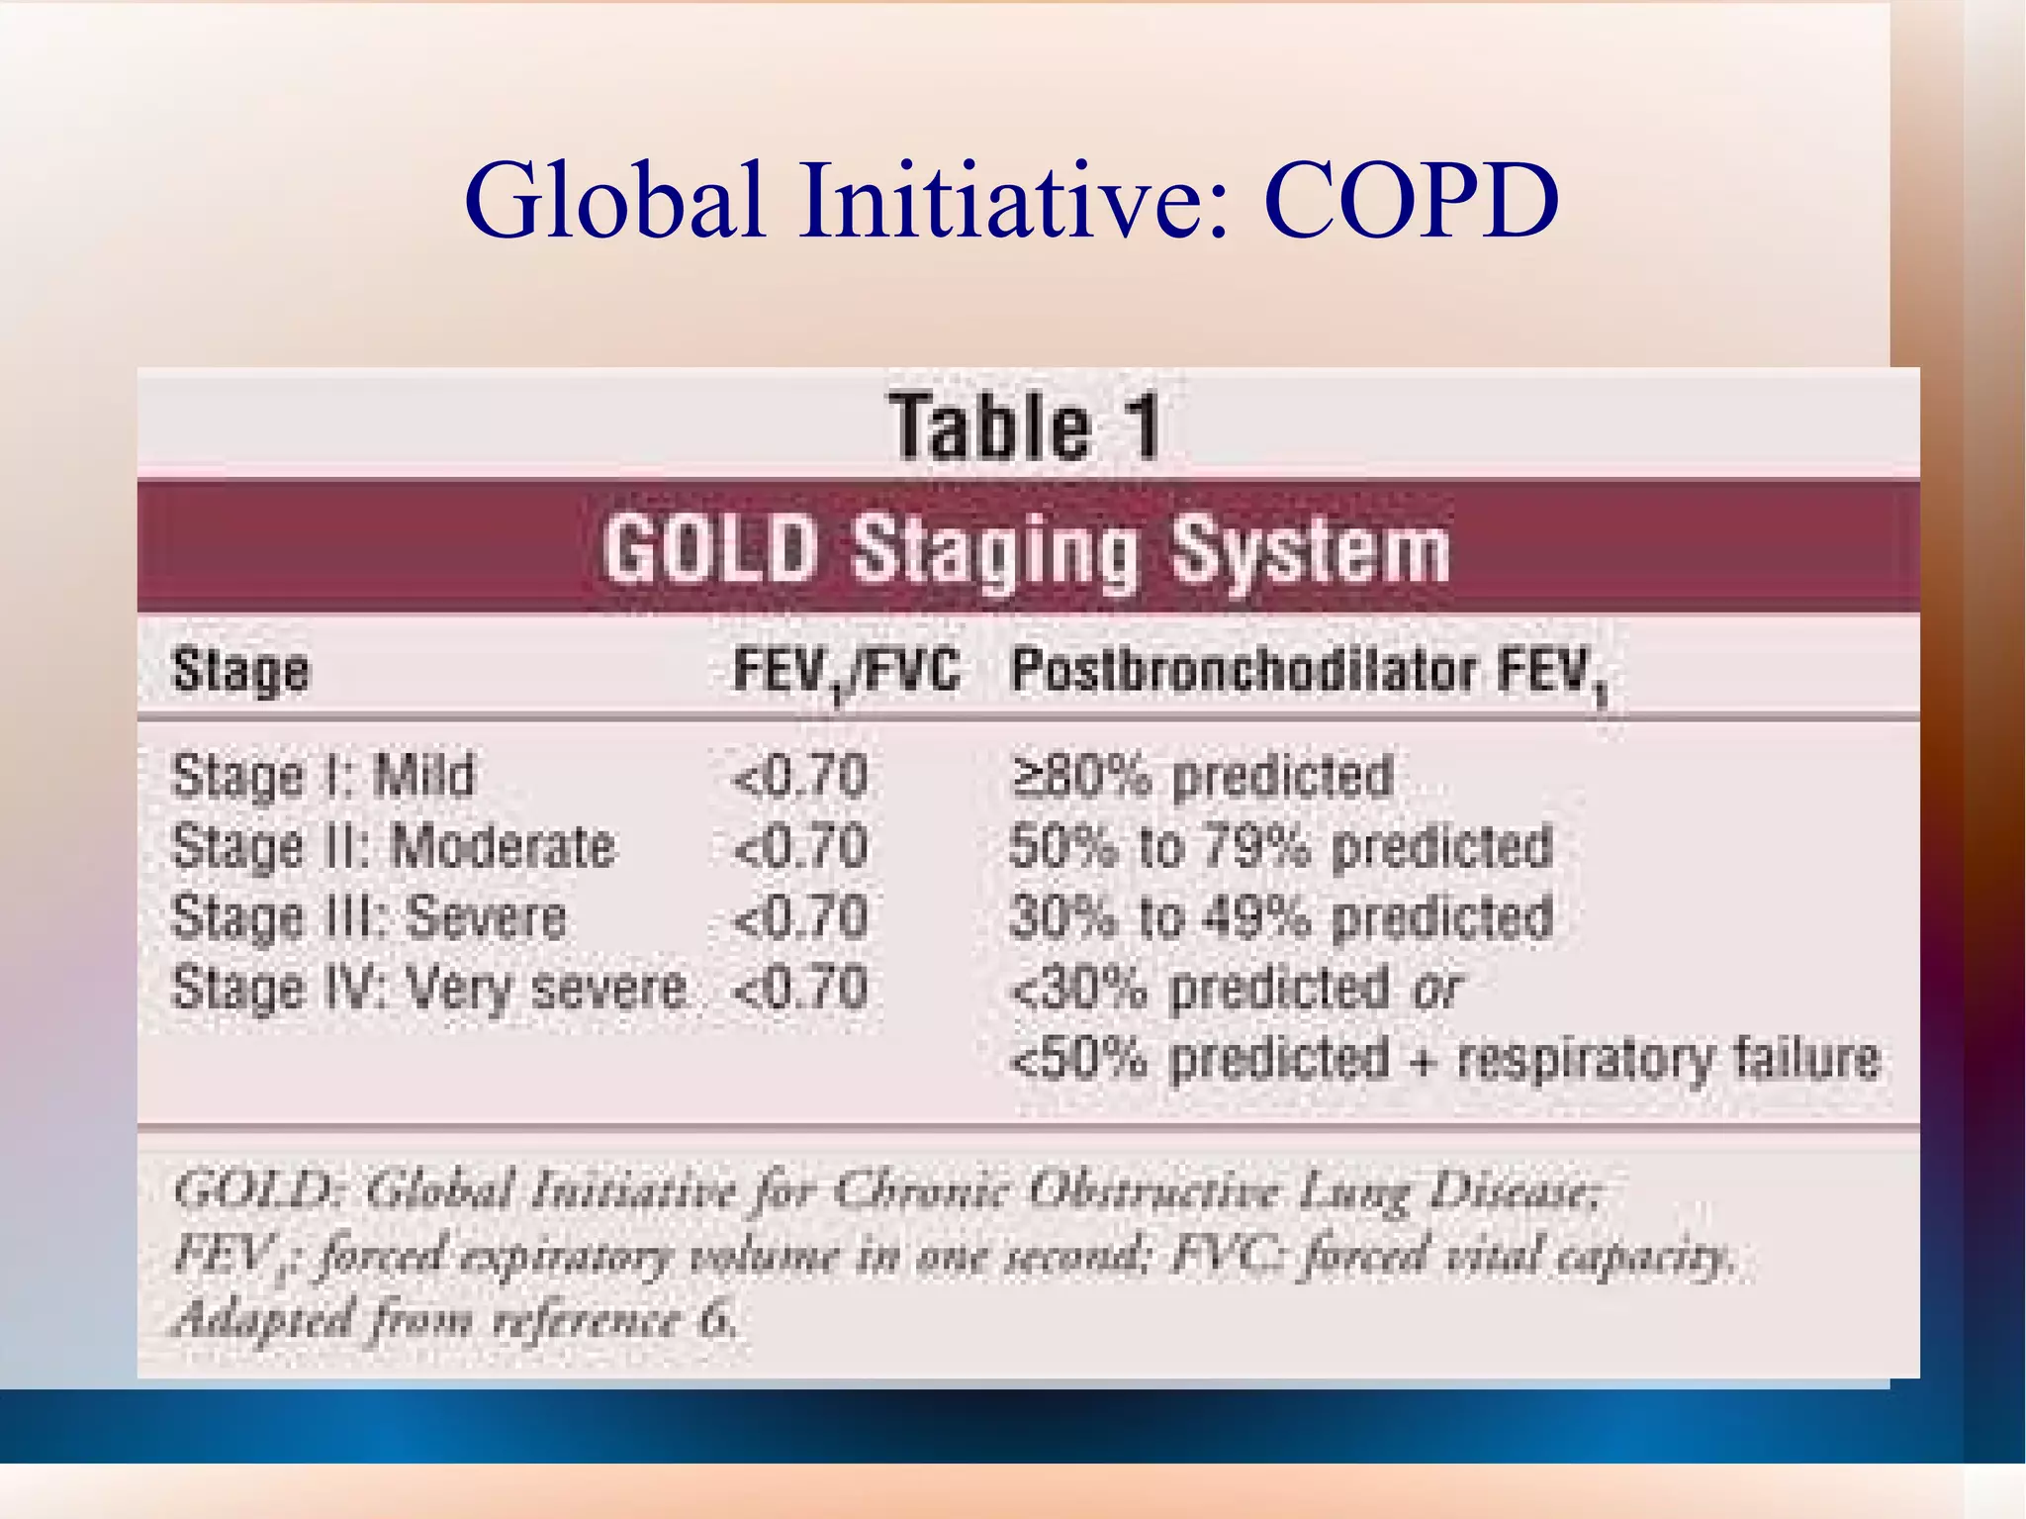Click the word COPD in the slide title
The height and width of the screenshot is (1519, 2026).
[x=1411, y=202]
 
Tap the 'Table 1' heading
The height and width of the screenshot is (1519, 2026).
[x=1025, y=427]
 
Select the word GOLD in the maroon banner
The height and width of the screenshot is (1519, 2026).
[x=710, y=549]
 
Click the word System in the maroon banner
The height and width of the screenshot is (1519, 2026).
[x=1310, y=551]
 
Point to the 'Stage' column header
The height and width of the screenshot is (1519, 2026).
[x=240, y=671]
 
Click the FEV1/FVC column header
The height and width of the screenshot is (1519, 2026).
[x=846, y=673]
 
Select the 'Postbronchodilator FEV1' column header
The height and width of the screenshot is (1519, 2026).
[x=1308, y=673]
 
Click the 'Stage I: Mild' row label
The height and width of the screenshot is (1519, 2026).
[x=322, y=775]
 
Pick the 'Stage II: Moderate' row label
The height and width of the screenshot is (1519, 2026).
[x=393, y=847]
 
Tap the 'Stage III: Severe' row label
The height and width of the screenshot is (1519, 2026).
[x=368, y=917]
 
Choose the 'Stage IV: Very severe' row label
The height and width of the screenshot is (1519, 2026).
[x=428, y=988]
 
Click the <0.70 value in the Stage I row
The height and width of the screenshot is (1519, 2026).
[x=799, y=775]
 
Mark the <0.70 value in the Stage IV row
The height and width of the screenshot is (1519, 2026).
[x=799, y=988]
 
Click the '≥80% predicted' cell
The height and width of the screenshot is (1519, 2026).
[x=1201, y=775]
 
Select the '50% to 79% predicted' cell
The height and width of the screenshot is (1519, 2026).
[x=1280, y=847]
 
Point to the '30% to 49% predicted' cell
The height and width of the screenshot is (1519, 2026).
[x=1280, y=917]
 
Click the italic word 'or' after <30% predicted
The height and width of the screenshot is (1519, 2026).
[x=1437, y=989]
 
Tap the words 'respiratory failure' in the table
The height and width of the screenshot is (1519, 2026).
[x=1668, y=1058]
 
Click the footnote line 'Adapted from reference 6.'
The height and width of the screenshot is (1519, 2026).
[x=455, y=1320]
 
